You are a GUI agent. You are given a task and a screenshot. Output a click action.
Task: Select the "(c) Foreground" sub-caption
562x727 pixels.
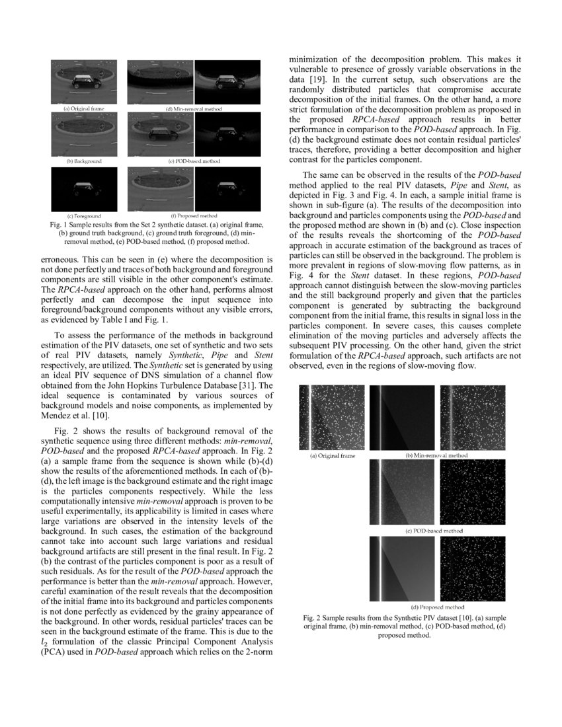(84, 216)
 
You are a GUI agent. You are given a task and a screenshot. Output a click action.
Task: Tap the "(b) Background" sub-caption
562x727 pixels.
(84, 161)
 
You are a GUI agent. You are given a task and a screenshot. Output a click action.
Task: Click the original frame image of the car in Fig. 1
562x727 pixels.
(84, 82)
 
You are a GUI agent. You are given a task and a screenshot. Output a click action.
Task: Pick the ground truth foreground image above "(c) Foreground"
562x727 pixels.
(84, 190)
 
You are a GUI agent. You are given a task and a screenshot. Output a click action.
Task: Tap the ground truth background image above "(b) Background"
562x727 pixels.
(84, 135)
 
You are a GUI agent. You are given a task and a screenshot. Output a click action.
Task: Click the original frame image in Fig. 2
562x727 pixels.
(333, 417)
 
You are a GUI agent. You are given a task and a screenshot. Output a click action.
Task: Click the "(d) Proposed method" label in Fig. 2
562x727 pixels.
(437, 607)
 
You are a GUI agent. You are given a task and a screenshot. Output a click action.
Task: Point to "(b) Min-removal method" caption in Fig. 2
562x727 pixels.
(437, 455)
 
